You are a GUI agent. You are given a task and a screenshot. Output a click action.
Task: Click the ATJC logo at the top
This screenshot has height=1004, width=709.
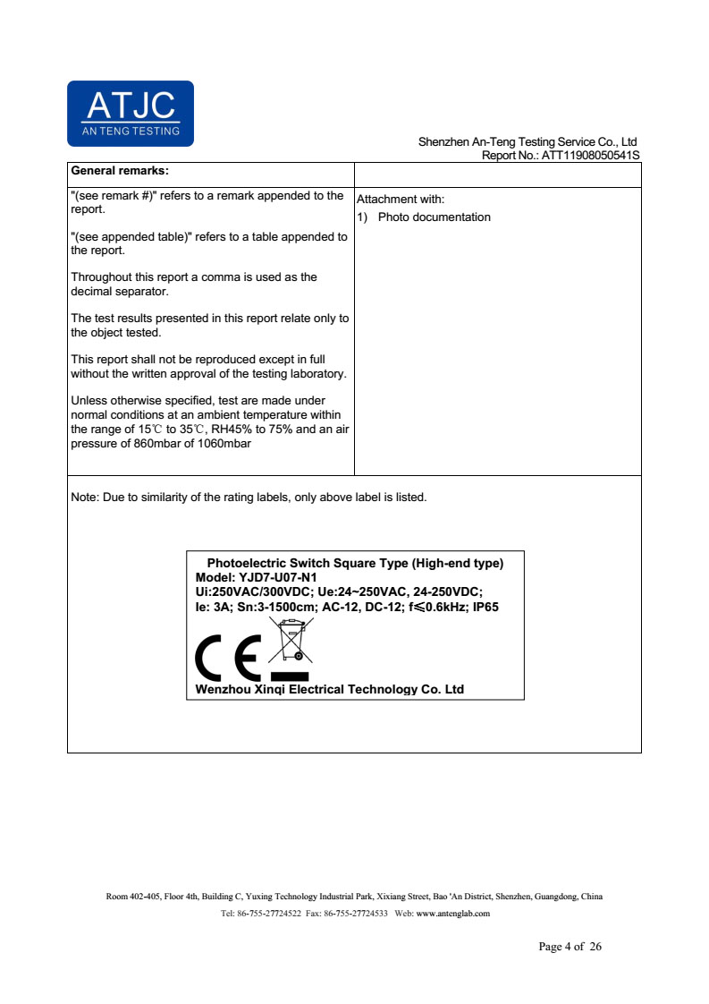131,113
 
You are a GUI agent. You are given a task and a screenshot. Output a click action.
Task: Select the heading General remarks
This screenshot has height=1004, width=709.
120,170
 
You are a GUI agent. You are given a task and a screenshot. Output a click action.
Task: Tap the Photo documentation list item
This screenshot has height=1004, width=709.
434,217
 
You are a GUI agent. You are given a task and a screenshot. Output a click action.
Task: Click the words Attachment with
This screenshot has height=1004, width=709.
400,200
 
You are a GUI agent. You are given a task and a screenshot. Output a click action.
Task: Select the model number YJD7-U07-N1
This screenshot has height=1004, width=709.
278,577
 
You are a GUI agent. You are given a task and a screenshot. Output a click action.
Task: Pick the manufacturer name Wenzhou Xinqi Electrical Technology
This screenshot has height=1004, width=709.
329,689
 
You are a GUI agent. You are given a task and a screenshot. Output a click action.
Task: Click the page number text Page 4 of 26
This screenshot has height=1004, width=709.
570,946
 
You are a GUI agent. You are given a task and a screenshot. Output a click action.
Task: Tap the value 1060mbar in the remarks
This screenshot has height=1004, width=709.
224,444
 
